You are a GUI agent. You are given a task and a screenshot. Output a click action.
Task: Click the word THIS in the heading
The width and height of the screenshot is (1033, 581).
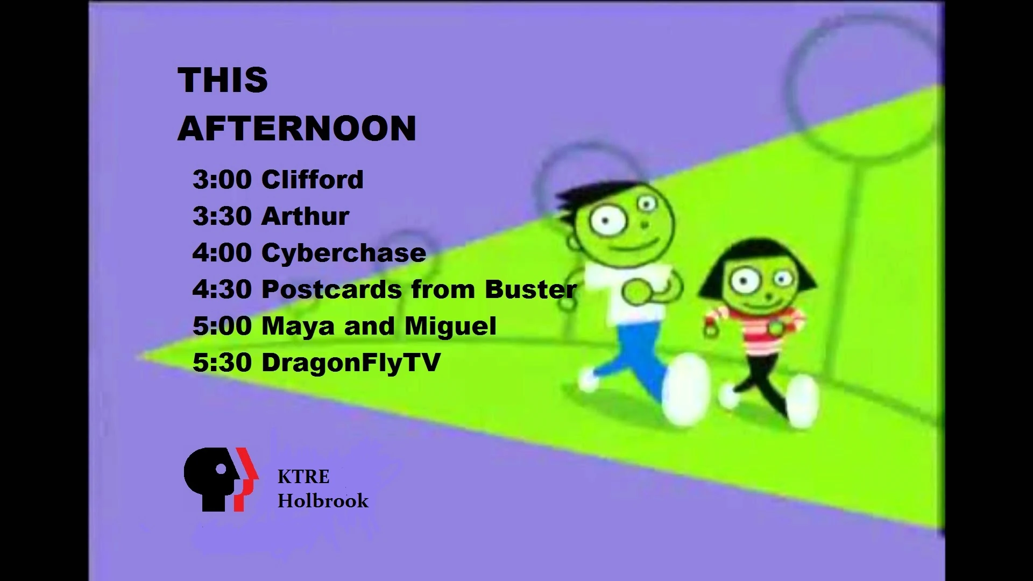223,80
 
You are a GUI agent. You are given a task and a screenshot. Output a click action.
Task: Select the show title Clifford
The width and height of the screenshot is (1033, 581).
312,179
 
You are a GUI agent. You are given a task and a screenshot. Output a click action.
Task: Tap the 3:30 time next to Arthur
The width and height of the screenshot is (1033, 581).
222,216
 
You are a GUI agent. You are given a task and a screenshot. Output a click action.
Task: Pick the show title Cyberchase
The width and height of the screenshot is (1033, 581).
344,253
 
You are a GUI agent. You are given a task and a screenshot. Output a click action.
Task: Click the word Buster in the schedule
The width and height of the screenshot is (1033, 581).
530,289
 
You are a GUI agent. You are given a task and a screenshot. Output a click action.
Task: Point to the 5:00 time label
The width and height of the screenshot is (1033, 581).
222,326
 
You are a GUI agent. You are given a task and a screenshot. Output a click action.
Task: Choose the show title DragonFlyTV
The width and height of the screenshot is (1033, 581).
351,363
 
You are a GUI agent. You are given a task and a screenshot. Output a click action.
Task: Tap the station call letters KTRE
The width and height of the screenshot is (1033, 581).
303,477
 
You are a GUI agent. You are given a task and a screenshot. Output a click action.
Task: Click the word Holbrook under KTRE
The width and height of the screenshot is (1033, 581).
323,501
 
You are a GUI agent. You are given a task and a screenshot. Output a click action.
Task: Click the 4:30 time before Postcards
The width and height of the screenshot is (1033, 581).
222,289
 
